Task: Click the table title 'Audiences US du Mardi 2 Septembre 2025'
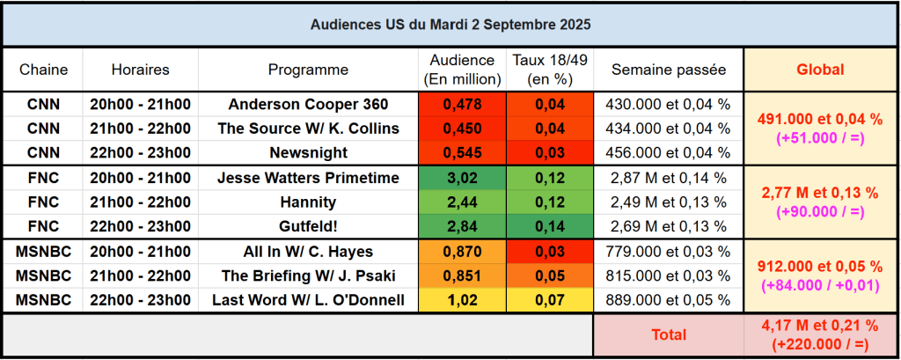[x=450, y=25]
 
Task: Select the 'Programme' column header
[x=308, y=70]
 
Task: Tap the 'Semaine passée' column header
[x=669, y=70]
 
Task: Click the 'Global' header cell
[x=820, y=70]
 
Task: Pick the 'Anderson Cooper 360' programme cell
[x=308, y=104]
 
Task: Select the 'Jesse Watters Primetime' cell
[x=308, y=178]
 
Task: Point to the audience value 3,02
[x=462, y=178]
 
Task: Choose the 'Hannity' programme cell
[x=308, y=202]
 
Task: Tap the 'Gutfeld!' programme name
[x=308, y=227]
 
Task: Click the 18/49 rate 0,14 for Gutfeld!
[x=550, y=227]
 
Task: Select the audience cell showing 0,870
[x=462, y=252]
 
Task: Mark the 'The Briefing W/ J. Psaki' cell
[x=308, y=276]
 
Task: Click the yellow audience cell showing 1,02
[x=462, y=300]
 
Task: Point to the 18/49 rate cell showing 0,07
[x=550, y=300]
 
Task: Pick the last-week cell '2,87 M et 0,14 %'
[x=669, y=178]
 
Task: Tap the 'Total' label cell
[x=669, y=335]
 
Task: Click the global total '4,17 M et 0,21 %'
[x=820, y=327]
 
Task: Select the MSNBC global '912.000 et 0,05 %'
[x=820, y=267]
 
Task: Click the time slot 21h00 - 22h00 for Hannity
[x=141, y=202]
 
